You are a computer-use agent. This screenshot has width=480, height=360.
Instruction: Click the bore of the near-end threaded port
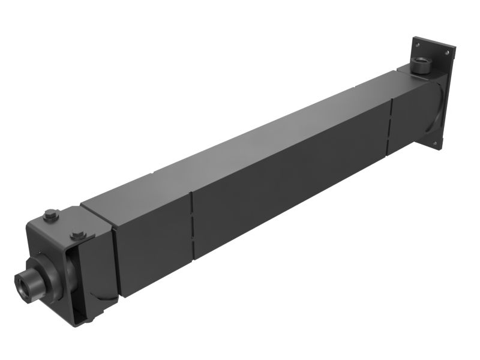pyautogui.click(x=24, y=278)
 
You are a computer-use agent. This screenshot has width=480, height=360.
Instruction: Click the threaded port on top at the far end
pyautogui.click(x=421, y=64)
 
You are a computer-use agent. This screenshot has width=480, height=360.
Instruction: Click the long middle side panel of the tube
pyautogui.click(x=288, y=180)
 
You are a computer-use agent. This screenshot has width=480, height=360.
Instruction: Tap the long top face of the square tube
pyautogui.click(x=240, y=144)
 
